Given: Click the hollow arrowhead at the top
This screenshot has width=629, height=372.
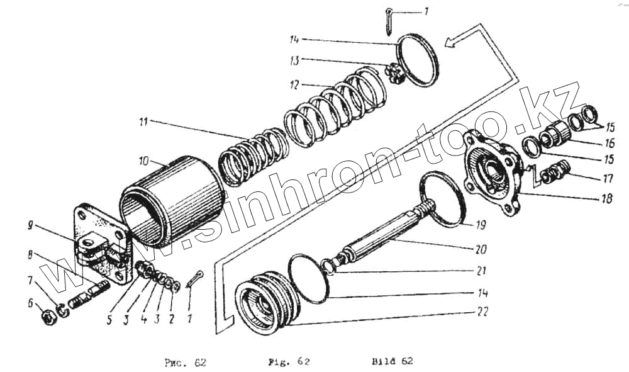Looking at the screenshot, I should pos(451,42).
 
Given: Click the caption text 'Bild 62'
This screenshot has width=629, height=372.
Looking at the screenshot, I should pos(392,361).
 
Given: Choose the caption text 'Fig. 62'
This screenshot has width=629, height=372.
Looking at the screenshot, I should pos(286,361).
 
